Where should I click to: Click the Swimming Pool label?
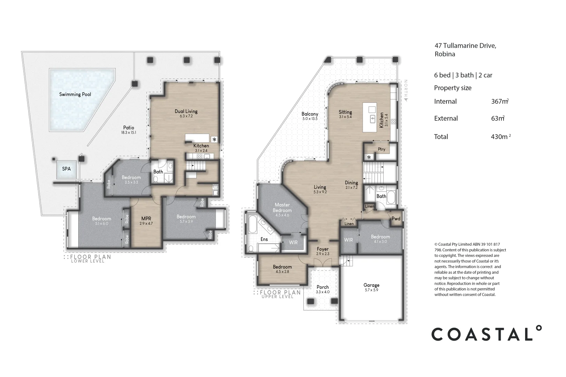point(75,95)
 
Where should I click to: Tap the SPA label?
point(66,169)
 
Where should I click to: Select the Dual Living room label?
point(186,111)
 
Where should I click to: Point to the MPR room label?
point(146,219)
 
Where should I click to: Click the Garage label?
point(371,285)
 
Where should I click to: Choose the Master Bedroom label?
point(282,208)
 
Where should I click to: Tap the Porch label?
point(323,287)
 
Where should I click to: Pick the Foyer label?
point(323,249)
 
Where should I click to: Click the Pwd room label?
point(396,219)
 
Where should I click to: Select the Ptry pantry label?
point(382,149)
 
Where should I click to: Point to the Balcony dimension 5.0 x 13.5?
point(310,119)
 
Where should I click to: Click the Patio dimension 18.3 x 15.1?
point(129,133)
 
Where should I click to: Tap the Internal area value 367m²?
point(500,101)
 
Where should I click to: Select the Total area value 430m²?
point(501,136)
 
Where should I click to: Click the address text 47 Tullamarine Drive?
point(465,46)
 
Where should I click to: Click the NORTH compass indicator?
point(406,90)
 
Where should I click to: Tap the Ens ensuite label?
point(264,239)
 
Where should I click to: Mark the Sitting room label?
point(346,112)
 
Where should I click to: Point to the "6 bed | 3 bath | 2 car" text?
point(463,75)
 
